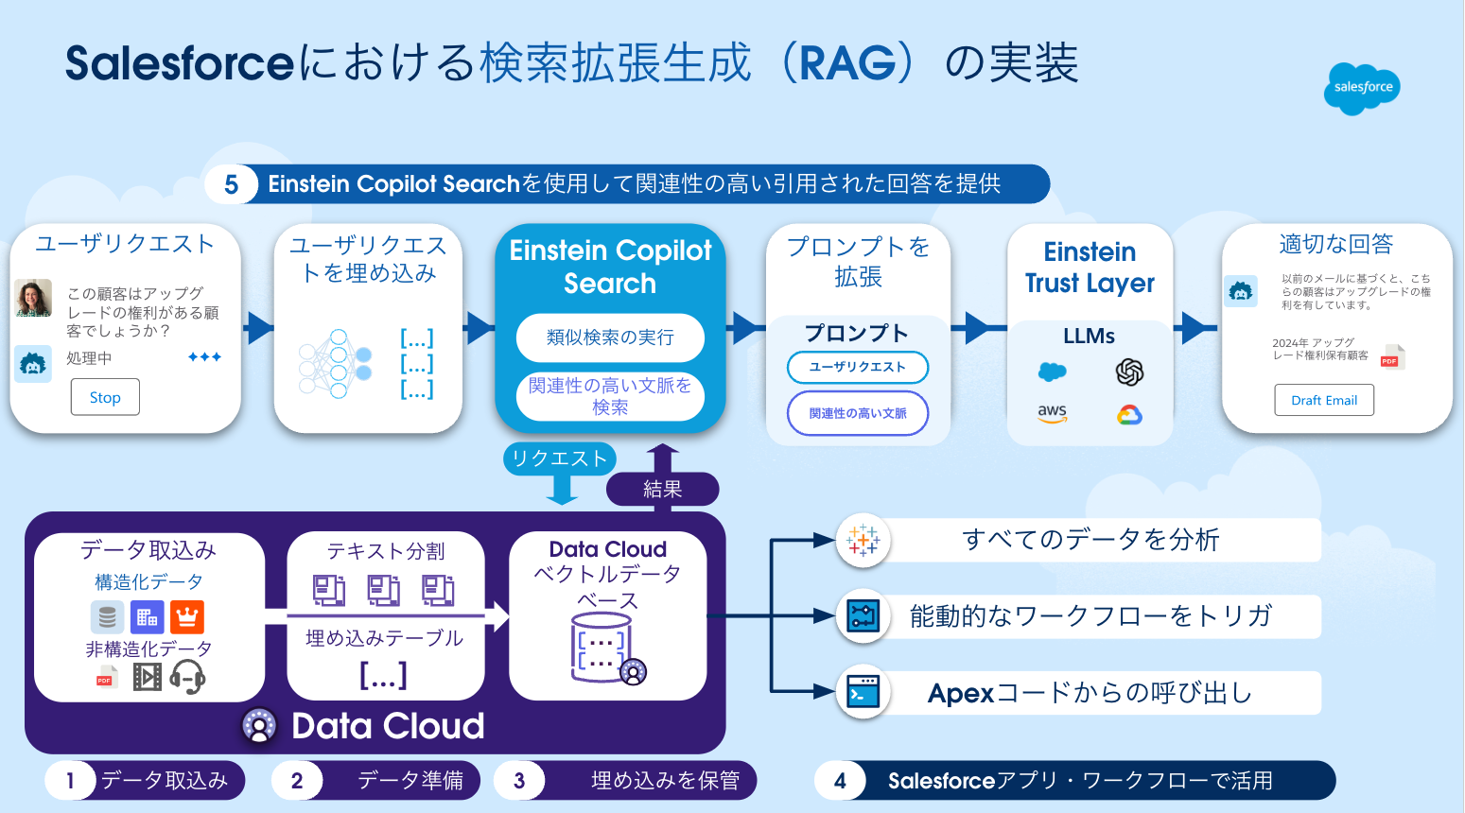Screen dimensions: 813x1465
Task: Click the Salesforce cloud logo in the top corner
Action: [1362, 87]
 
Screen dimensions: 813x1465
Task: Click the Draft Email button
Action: [1324, 400]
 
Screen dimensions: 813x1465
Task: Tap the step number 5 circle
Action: [232, 184]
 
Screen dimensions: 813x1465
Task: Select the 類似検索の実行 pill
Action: [610, 337]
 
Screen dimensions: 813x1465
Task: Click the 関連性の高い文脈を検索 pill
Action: [610, 396]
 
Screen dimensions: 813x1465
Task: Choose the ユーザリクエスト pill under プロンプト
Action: [857, 367]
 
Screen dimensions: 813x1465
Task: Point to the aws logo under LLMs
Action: [1052, 413]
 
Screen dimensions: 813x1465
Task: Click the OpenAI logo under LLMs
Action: [1129, 372]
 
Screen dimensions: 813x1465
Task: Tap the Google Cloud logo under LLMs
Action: [1129, 414]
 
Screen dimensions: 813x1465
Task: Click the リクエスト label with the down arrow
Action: [559, 459]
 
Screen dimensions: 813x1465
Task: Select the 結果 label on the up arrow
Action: [662, 489]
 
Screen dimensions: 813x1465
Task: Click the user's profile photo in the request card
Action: [33, 298]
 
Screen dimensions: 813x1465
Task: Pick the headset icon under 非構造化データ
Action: [187, 677]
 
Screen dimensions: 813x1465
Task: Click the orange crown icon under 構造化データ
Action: [187, 617]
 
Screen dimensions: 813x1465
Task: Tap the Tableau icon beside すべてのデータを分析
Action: [863, 540]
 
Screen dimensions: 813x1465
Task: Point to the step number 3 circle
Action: [519, 781]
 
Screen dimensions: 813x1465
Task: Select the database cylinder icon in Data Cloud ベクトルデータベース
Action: [602, 648]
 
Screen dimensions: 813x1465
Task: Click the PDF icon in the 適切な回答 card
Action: [1390, 357]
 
